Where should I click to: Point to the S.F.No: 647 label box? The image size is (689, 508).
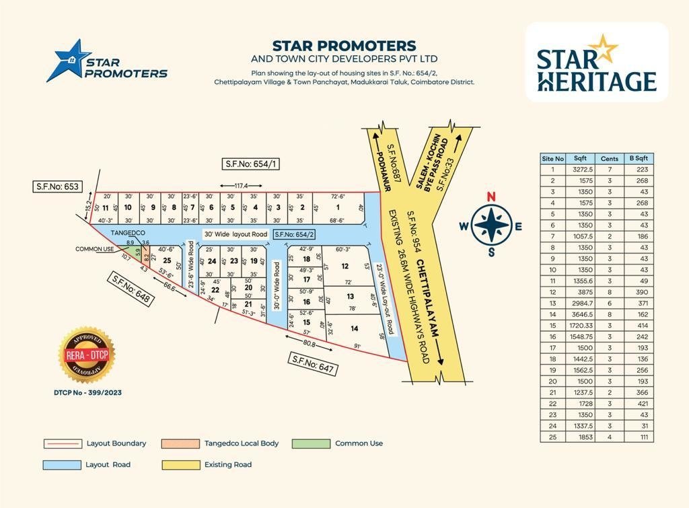[313, 363]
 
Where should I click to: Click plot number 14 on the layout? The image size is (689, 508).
[354, 328]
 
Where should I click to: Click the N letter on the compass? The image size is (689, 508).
[491, 196]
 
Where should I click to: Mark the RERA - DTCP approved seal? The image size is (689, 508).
[87, 355]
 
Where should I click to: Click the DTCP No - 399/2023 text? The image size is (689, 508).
[87, 392]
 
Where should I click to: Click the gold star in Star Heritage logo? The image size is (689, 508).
[607, 48]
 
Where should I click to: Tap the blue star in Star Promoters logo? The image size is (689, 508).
[67, 61]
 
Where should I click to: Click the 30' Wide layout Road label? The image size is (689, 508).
[235, 234]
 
